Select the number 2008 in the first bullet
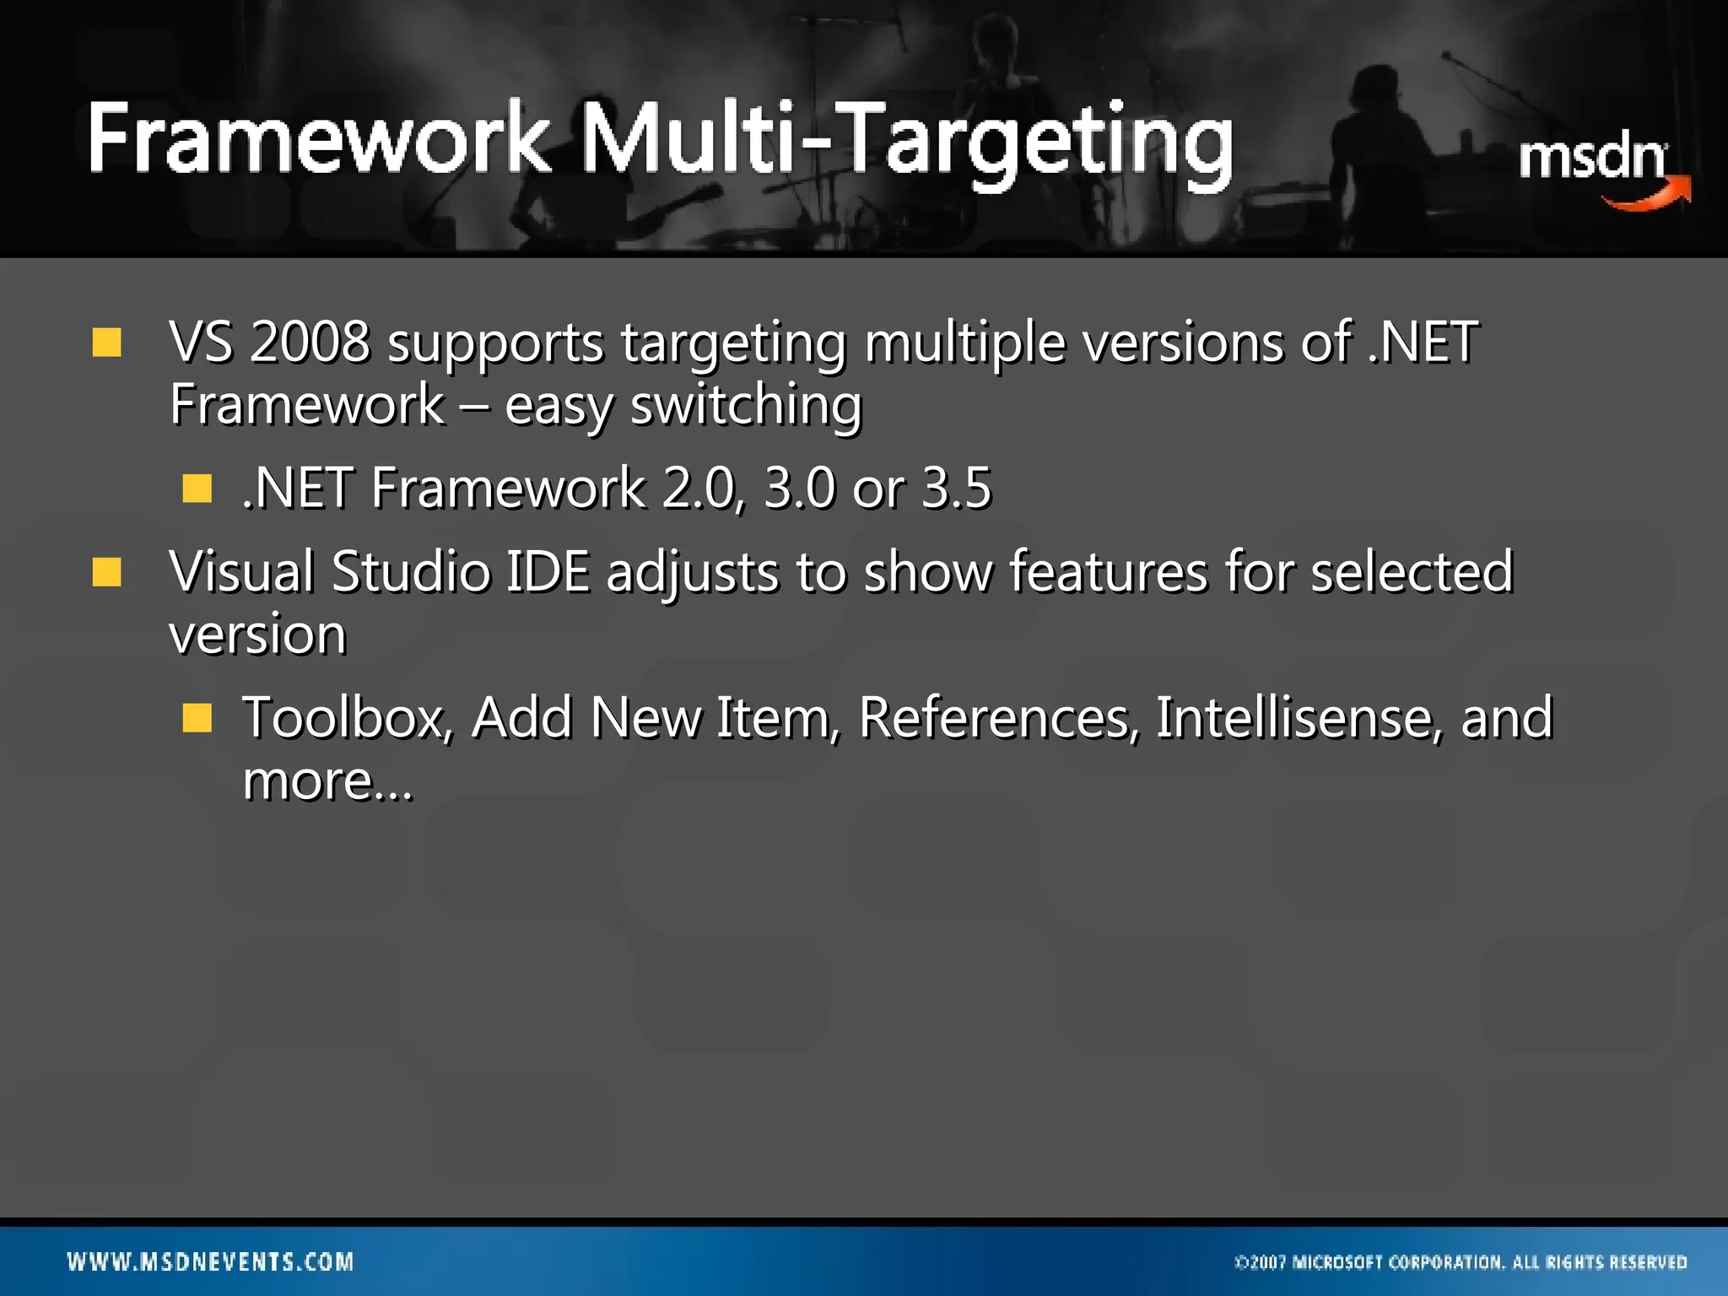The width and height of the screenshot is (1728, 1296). click(310, 343)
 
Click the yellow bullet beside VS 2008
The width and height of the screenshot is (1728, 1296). click(107, 343)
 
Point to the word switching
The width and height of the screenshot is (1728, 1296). click(746, 405)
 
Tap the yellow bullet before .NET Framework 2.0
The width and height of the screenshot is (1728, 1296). click(197, 489)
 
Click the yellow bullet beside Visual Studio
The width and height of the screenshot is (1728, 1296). click(107, 572)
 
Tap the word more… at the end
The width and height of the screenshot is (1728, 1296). click(327, 781)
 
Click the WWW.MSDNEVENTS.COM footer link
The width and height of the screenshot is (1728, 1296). click(210, 1261)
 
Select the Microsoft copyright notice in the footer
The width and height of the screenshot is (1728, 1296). click(1461, 1262)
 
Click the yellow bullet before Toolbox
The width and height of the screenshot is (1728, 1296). click(197, 718)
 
